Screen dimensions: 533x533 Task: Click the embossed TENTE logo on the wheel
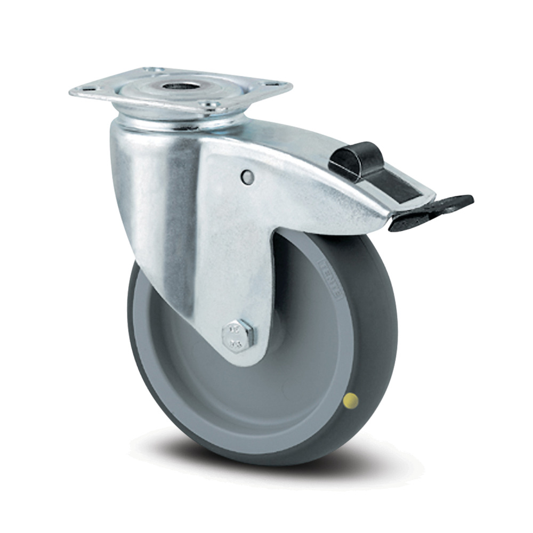coord(329,276)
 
